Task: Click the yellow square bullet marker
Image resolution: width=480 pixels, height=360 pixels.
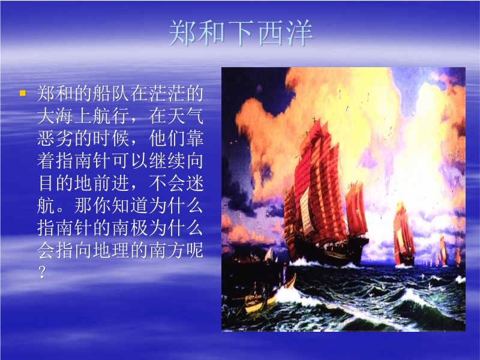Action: coord(22,93)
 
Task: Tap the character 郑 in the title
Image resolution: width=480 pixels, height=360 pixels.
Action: coord(182,34)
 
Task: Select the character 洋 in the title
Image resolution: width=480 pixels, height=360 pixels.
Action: coord(300,34)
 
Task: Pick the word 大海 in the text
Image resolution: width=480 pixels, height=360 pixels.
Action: coord(55,116)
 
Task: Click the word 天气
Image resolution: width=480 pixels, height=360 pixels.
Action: coord(185,116)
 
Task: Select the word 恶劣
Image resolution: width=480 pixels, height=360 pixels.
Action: coord(55,139)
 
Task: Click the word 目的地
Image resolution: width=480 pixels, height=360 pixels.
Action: coord(65,183)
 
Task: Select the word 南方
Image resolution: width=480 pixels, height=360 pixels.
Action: coord(167,250)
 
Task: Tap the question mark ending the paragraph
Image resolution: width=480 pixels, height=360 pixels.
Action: coord(43,272)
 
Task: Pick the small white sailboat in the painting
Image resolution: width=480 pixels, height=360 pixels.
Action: coord(269,256)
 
